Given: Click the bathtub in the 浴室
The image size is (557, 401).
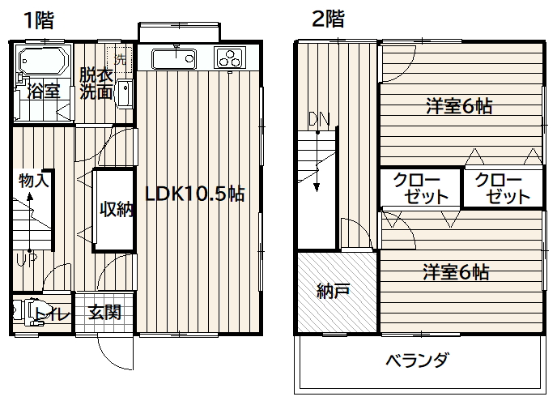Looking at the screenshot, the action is point(44,61).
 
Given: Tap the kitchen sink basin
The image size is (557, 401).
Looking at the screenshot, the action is point(174,59).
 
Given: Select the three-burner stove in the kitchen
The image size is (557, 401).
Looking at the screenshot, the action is point(230,58).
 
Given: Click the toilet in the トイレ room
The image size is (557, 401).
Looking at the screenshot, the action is point(28,312).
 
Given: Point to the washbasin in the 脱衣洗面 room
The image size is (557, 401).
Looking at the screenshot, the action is point(125,93).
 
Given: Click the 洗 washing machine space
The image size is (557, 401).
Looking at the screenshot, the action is point(119,58).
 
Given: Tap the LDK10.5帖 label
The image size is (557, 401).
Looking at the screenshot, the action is point(195,194).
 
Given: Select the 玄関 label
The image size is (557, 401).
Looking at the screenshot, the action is point(104,312).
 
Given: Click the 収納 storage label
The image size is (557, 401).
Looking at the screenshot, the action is point(117,209).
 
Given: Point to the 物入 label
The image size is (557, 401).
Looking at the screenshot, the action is point(34,181).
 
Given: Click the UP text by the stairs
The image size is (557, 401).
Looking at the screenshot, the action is point(26,260).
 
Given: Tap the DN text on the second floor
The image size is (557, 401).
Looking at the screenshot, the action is point(319,119).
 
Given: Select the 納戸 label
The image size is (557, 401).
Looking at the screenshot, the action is point(334,291).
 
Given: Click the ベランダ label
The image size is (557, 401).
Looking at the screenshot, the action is point(418,360).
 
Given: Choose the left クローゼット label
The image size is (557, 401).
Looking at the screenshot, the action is point(421,189).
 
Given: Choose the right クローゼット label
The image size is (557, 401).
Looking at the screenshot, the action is point(503,189).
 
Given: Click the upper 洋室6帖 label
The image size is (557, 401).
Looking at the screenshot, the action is point(459,106).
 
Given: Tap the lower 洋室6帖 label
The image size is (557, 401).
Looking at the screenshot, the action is point(456,272).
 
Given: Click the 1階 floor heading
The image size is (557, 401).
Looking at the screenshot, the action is point(39,20).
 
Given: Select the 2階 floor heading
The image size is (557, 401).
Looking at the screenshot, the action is point(328,19).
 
